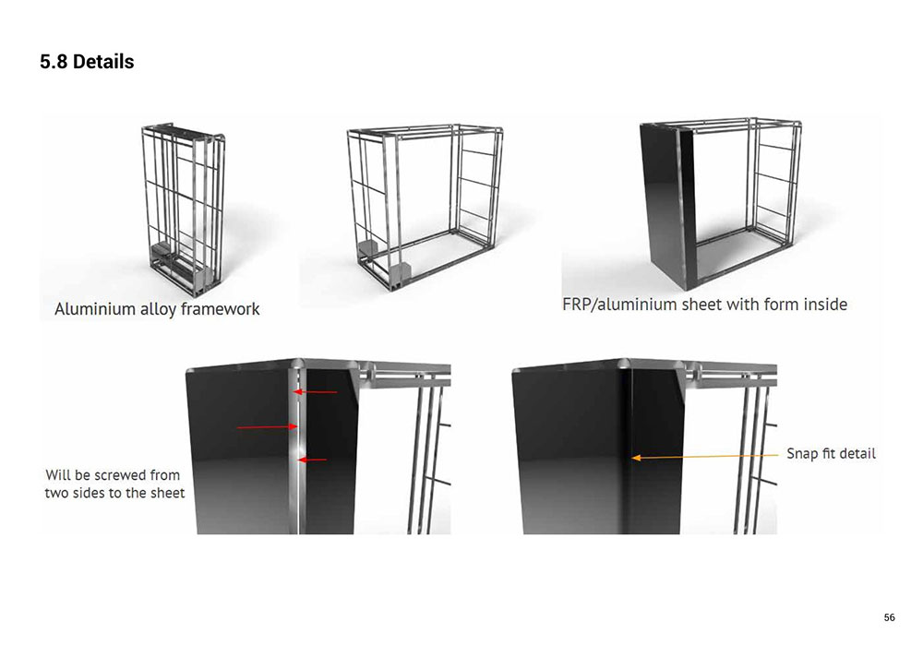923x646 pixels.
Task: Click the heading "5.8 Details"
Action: (x=87, y=61)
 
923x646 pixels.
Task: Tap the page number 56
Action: (x=890, y=617)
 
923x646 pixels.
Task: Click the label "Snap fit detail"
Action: (x=832, y=454)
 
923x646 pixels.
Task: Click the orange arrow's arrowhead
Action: (x=636, y=457)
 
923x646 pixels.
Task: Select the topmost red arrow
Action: (x=315, y=392)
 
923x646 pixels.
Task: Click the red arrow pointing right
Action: (x=267, y=427)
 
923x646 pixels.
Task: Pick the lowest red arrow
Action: (x=312, y=460)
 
